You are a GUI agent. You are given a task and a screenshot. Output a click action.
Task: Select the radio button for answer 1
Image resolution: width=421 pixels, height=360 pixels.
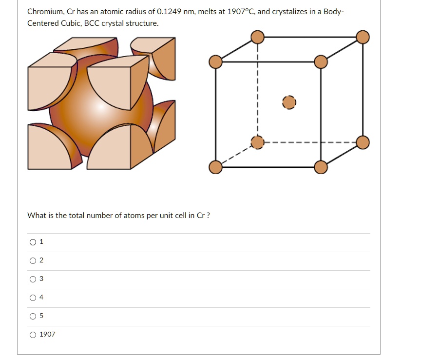click(x=33, y=242)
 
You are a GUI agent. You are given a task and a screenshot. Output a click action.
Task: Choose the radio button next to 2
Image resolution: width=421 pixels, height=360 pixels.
click(x=33, y=261)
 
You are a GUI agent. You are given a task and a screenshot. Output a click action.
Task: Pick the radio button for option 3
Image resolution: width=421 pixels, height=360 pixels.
click(x=33, y=280)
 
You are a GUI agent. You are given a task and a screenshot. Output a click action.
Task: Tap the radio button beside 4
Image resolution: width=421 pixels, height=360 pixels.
click(x=33, y=298)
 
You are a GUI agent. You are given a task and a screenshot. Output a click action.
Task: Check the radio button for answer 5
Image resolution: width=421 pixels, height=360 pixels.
click(x=33, y=317)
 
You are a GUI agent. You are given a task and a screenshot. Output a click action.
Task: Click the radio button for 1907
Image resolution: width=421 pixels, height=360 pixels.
click(x=33, y=335)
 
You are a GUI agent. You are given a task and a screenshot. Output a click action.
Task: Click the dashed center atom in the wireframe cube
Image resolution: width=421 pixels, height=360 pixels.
click(x=289, y=102)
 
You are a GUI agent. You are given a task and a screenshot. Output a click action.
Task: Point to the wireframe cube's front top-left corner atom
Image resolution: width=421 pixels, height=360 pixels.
click(x=215, y=62)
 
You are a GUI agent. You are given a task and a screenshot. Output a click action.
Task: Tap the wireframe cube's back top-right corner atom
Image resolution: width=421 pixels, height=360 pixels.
click(x=363, y=37)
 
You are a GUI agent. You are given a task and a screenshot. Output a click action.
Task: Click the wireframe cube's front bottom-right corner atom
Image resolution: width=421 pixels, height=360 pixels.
click(x=321, y=167)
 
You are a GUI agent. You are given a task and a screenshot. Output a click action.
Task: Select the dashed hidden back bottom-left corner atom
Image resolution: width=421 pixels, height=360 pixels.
click(x=257, y=142)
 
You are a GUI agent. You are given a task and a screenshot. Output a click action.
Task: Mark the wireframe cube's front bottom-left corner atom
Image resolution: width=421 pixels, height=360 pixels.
click(x=215, y=167)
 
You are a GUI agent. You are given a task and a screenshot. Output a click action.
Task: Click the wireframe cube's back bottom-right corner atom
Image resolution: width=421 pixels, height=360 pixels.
click(x=363, y=142)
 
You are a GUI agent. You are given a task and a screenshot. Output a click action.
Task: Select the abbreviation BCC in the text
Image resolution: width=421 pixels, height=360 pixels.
click(x=92, y=23)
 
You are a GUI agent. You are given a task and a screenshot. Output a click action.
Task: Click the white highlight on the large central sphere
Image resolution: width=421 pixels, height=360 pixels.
click(x=101, y=107)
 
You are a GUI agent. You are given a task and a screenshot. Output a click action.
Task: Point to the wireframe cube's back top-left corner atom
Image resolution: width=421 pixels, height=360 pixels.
click(x=257, y=37)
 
